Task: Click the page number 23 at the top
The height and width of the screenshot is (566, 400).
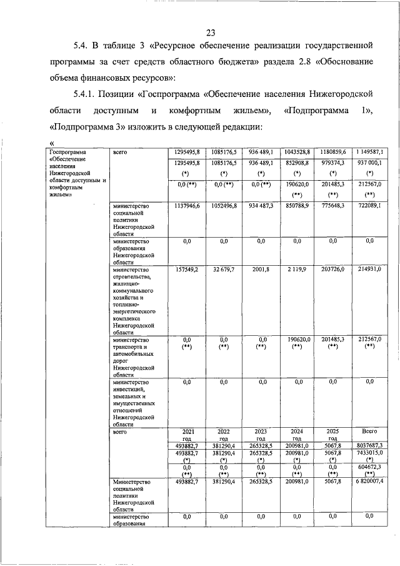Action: [x=209, y=33]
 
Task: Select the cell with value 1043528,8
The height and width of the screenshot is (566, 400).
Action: [x=297, y=152]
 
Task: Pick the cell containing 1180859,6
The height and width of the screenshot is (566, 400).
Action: [x=333, y=152]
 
